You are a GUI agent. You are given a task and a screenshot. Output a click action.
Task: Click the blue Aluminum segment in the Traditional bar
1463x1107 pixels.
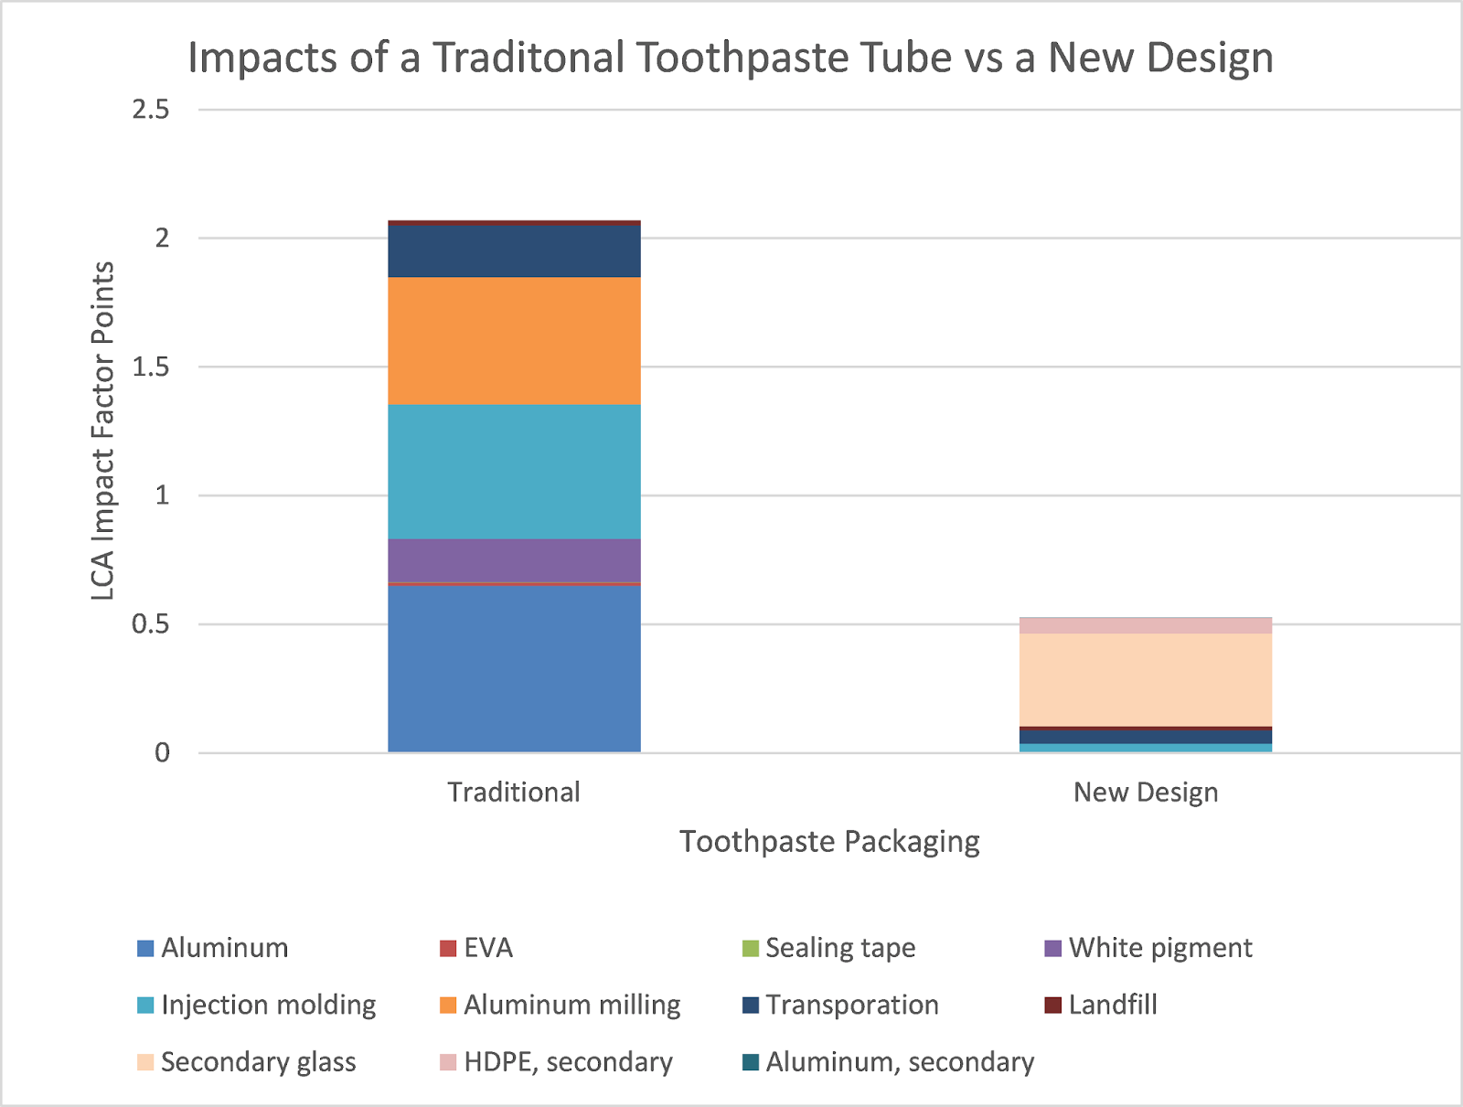coord(514,668)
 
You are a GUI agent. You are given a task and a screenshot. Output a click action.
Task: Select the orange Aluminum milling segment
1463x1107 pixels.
coord(514,341)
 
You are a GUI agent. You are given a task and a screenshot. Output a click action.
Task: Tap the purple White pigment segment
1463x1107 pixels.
coord(514,559)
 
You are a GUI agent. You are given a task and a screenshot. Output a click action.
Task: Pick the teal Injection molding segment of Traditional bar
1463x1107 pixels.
coord(514,472)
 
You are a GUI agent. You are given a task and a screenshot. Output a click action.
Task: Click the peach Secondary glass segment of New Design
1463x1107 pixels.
coord(1145,679)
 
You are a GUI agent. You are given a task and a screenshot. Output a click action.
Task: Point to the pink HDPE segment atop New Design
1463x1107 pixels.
coord(1145,625)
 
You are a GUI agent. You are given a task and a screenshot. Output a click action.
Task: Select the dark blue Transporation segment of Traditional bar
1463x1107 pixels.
coord(514,251)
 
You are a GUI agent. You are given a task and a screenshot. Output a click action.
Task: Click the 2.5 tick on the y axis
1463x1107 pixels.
coord(151,110)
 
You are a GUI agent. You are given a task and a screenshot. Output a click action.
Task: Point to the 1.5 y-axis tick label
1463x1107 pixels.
coord(151,367)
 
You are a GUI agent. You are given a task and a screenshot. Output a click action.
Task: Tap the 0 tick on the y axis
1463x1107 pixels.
coord(162,753)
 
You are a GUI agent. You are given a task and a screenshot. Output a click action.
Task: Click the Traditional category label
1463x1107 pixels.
coord(514,792)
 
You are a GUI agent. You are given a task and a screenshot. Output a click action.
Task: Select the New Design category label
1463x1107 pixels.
coord(1145,792)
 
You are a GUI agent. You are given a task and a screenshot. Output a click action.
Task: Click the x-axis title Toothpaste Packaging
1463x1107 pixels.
coord(829,841)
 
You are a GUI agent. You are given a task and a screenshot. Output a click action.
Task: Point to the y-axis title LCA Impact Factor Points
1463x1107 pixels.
coord(103,431)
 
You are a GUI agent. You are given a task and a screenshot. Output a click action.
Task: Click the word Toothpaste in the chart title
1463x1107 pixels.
coord(794,58)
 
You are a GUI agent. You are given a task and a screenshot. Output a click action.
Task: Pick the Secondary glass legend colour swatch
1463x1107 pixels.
coord(145,1062)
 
